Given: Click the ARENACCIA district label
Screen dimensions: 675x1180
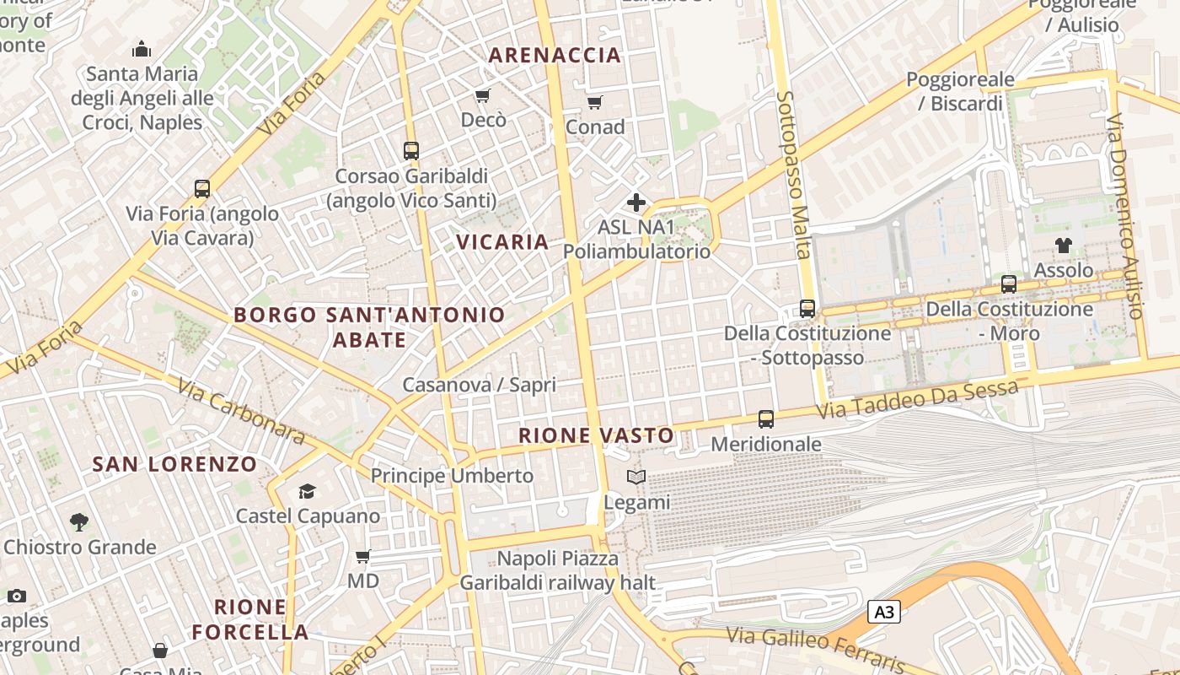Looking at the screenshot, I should (x=555, y=56).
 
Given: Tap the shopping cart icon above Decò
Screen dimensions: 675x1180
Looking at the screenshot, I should (x=483, y=96).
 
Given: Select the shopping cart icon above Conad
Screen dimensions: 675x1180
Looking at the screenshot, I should (x=595, y=103).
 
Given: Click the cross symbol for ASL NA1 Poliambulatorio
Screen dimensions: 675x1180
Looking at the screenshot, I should (x=636, y=202).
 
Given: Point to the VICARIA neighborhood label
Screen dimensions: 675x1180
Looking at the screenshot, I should (x=502, y=242).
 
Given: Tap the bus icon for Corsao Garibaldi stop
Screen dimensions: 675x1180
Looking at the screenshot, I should (x=411, y=151).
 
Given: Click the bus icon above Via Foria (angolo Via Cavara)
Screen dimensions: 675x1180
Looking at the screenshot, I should (x=202, y=188).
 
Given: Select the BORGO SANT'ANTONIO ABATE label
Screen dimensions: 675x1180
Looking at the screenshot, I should (x=369, y=327).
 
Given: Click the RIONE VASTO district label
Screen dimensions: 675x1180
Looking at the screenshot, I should (x=596, y=436).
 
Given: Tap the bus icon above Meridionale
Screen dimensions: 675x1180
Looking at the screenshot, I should (x=766, y=418).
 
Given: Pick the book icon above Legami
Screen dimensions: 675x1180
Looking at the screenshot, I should (x=636, y=478).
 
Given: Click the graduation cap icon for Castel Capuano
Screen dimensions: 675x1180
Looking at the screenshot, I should (x=307, y=491).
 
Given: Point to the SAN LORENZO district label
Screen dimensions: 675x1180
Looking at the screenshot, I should (x=174, y=464).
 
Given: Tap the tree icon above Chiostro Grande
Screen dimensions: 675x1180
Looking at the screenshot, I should (x=79, y=522).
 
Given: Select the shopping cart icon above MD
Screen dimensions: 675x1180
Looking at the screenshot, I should (x=363, y=556).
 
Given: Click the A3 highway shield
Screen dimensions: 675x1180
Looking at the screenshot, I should (x=884, y=612).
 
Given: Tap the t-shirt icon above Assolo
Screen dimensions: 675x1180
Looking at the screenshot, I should (x=1064, y=246).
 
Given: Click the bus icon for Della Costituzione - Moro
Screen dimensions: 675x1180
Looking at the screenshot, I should (x=1009, y=284).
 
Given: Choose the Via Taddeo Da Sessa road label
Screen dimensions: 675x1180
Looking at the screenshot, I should (x=918, y=400).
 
